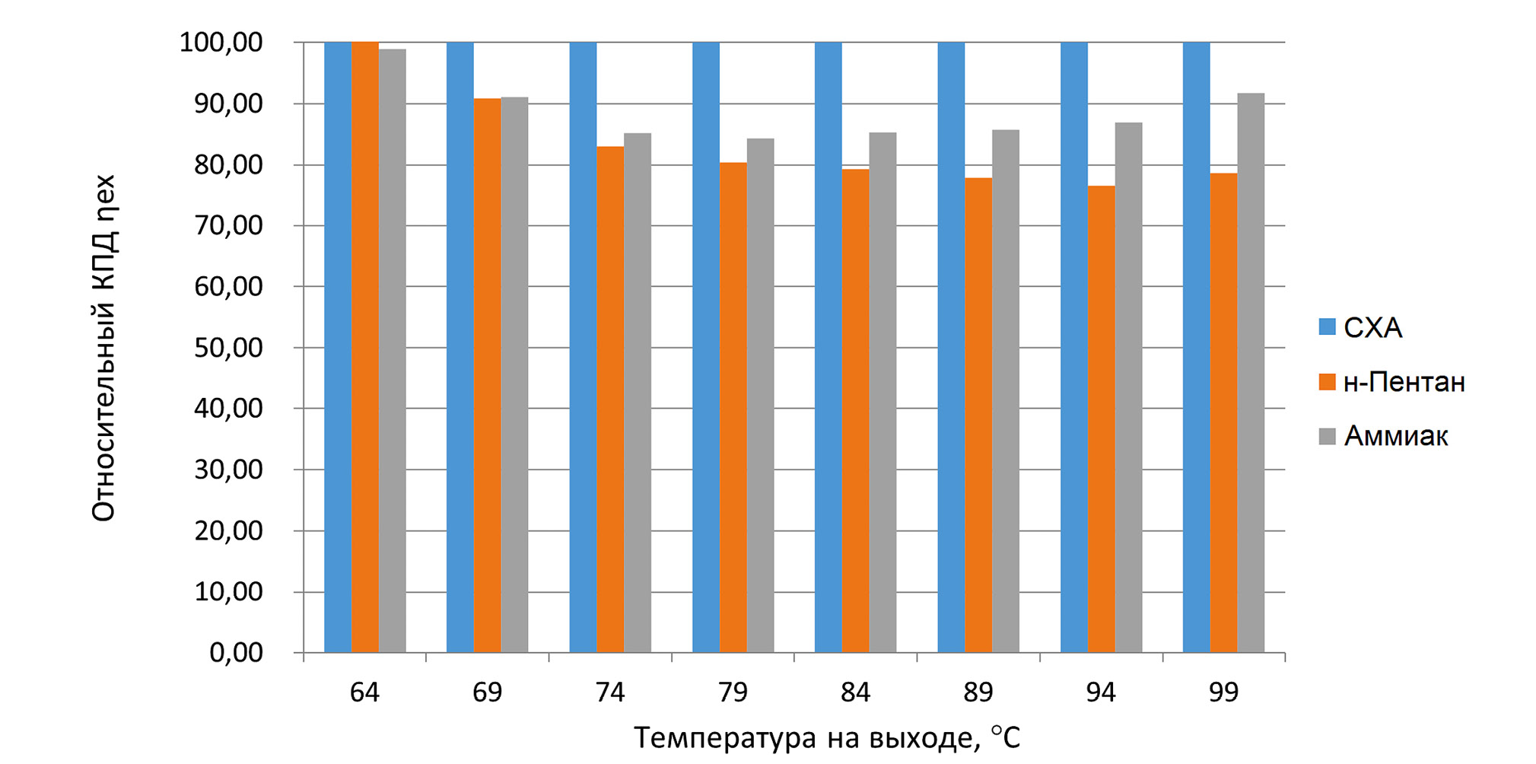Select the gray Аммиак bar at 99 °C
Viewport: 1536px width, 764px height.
tap(1251, 373)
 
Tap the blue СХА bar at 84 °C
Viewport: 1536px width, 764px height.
tap(828, 347)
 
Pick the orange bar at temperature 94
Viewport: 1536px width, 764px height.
tap(1101, 419)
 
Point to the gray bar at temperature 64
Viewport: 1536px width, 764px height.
tap(393, 351)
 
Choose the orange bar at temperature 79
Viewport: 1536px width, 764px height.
tap(733, 407)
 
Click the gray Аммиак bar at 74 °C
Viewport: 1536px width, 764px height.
tap(638, 393)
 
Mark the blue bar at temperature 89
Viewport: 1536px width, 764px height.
tap(951, 347)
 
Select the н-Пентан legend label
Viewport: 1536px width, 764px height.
tap(1404, 382)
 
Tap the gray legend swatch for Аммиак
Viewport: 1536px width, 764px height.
tap(1327, 436)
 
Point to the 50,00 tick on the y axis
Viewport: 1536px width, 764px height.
tap(228, 348)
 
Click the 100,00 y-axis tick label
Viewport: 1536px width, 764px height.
tap(221, 43)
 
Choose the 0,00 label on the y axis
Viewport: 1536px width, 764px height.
tap(236, 653)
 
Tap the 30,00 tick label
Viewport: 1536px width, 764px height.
tap(228, 470)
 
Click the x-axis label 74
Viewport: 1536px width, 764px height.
tap(609, 692)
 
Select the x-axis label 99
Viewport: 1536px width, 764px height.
tap(1223, 692)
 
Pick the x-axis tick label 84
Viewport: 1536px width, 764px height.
tap(855, 692)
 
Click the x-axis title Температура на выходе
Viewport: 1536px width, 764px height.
tap(826, 738)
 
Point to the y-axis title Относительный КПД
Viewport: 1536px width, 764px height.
tap(103, 348)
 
